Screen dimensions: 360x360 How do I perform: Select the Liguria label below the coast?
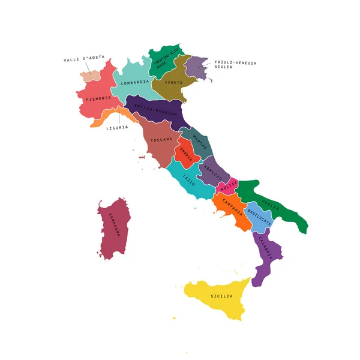[117, 127]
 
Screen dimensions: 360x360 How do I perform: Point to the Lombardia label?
[134, 82]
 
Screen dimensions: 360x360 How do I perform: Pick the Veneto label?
[173, 82]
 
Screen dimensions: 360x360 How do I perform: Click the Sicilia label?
[221, 296]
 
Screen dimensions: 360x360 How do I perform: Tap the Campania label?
[233, 206]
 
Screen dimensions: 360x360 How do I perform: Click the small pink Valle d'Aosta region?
[90, 75]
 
